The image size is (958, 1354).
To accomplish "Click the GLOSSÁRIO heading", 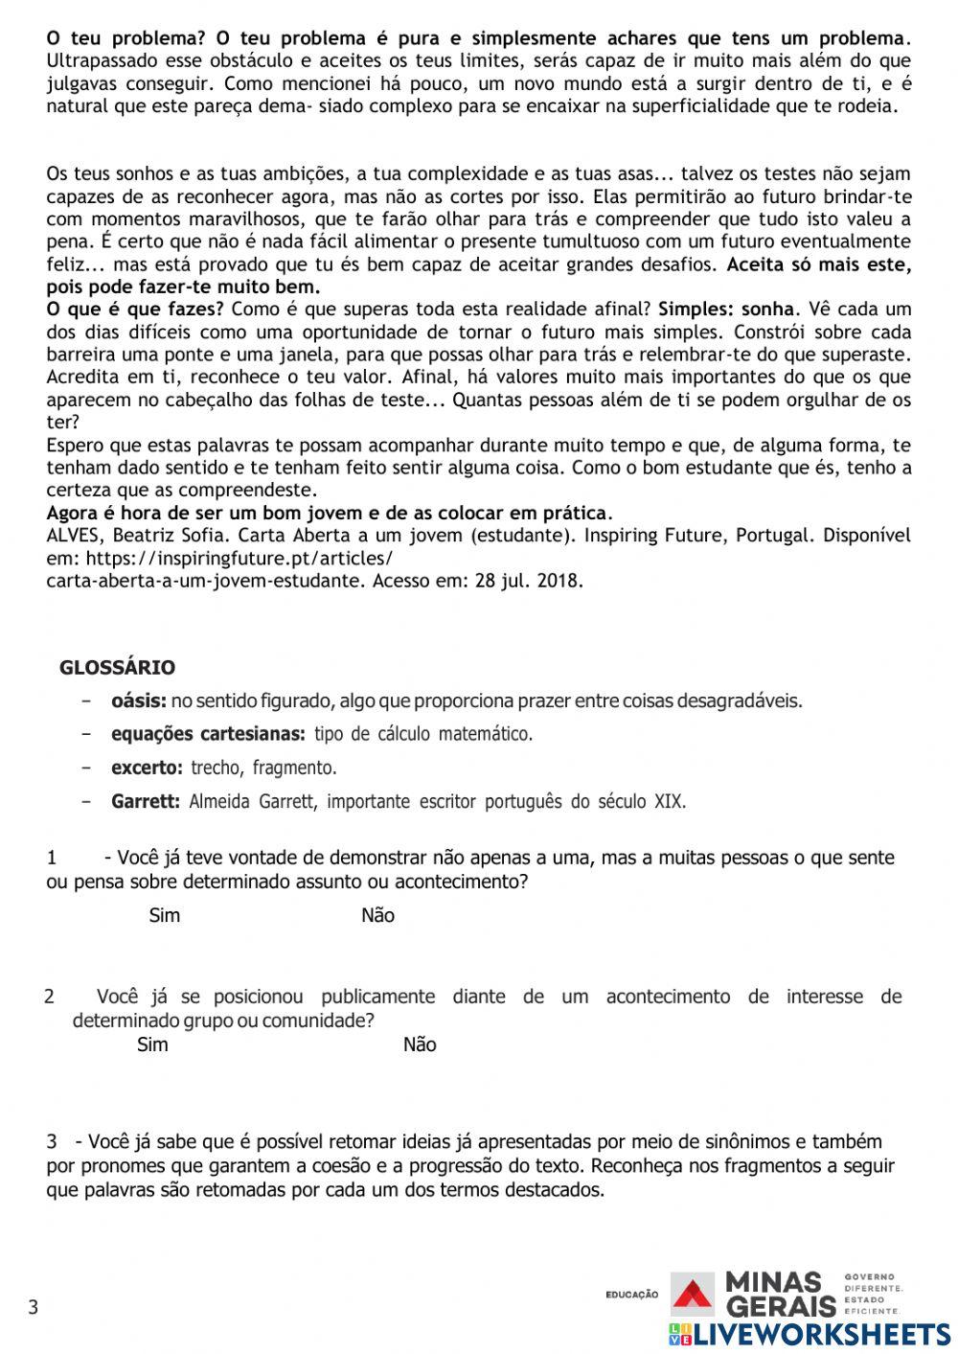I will (x=117, y=668).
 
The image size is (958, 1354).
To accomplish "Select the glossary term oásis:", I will (x=139, y=701).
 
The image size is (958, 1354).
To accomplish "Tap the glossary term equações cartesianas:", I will (x=208, y=735).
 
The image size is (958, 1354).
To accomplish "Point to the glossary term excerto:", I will (x=147, y=768).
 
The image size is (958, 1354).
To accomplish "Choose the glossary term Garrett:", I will (x=146, y=801).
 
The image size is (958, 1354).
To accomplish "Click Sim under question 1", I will (x=164, y=915).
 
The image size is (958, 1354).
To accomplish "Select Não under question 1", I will (x=377, y=915).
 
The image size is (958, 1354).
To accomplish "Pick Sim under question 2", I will (x=152, y=1044).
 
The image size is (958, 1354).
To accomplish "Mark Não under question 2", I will (x=419, y=1044).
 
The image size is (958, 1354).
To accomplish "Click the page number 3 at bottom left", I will (x=33, y=1307).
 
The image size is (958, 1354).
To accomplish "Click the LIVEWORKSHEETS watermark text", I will (x=820, y=1335).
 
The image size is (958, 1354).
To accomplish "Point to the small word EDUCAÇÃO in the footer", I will (x=631, y=1295).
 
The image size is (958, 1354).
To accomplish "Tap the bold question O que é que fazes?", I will (x=135, y=310).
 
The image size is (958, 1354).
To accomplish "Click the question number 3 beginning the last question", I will (x=52, y=1142).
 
